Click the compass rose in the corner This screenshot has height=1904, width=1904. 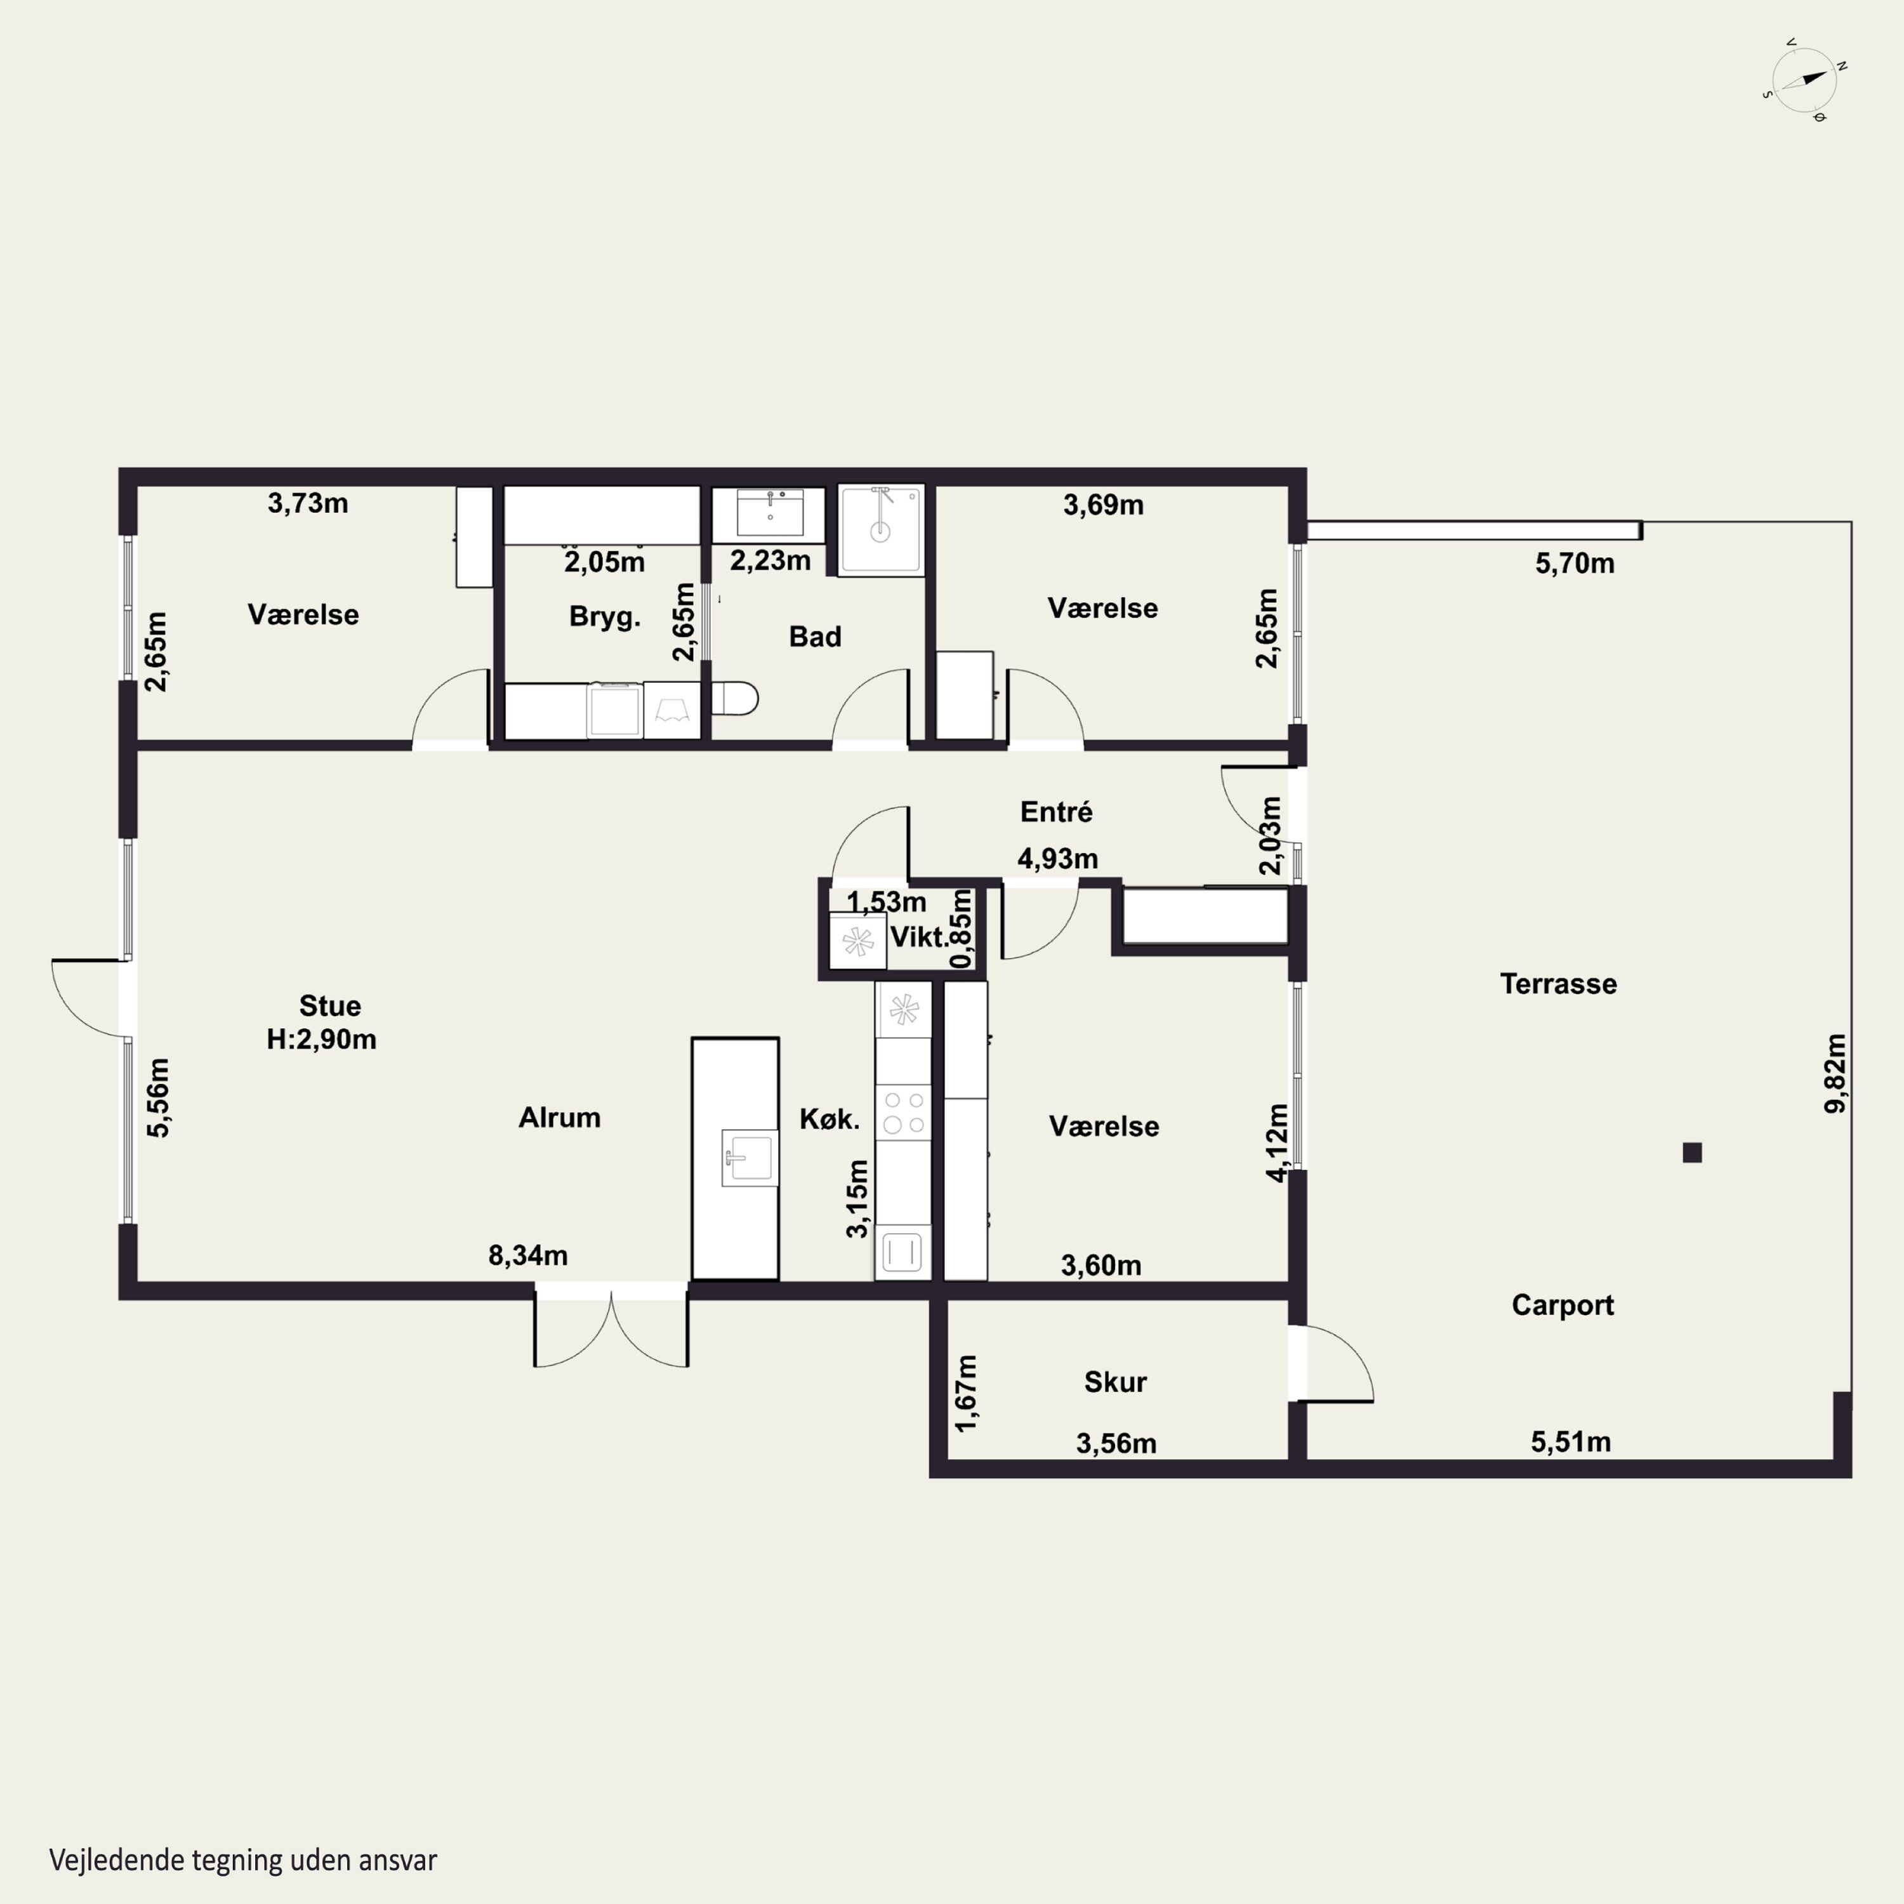point(1804,81)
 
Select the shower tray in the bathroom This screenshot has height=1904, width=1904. point(881,529)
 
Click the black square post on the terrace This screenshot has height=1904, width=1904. point(1692,1152)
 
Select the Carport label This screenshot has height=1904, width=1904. point(1563,1305)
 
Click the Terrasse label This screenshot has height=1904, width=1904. point(1558,984)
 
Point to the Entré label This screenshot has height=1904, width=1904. point(1057,812)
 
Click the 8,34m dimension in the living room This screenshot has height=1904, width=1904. point(528,1255)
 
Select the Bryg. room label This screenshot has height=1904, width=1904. point(605,617)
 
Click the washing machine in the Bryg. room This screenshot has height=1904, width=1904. point(614,710)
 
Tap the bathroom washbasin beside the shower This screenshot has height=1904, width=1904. point(770,512)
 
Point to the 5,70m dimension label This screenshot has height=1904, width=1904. point(1575,564)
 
